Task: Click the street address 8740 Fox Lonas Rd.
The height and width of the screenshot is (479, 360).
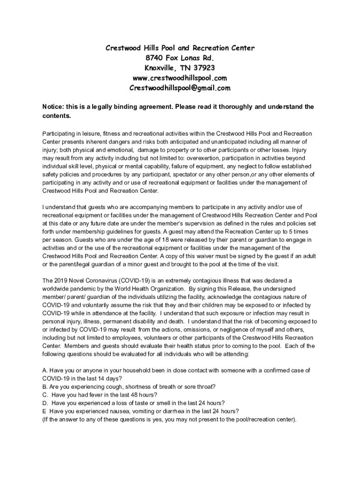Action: click(180, 58)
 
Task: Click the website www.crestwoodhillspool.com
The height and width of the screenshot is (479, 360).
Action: click(180, 78)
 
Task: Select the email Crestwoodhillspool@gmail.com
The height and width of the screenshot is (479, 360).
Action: click(180, 88)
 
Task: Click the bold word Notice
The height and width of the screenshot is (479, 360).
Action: click(53, 107)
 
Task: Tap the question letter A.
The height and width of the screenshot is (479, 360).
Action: click(44, 370)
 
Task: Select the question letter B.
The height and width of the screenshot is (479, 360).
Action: click(44, 386)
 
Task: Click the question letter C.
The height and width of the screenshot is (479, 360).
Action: click(44, 394)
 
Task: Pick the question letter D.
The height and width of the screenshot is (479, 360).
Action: click(45, 403)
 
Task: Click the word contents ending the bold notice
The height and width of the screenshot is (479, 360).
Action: click(56, 115)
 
